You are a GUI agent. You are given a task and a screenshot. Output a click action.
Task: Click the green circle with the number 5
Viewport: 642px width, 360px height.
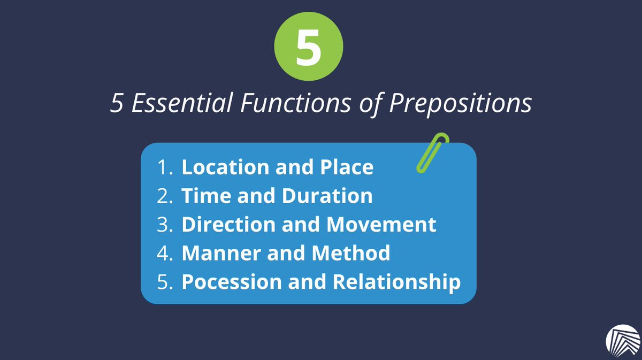coord(308,49)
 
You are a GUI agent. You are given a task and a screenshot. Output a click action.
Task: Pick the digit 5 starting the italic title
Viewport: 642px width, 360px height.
coord(116,103)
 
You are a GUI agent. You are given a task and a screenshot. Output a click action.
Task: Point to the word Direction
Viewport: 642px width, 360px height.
coord(224,225)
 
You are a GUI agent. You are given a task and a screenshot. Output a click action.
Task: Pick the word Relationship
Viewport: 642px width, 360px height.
coord(396,282)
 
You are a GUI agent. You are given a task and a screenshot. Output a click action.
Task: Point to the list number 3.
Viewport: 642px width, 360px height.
coord(163,225)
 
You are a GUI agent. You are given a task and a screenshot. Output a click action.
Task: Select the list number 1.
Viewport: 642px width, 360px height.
coord(163,167)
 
